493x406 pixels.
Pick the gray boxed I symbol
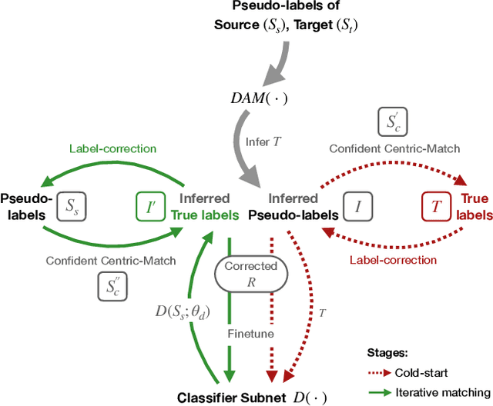pyautogui.click(x=358, y=205)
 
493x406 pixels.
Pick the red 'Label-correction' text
pyautogui.click(x=393, y=260)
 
